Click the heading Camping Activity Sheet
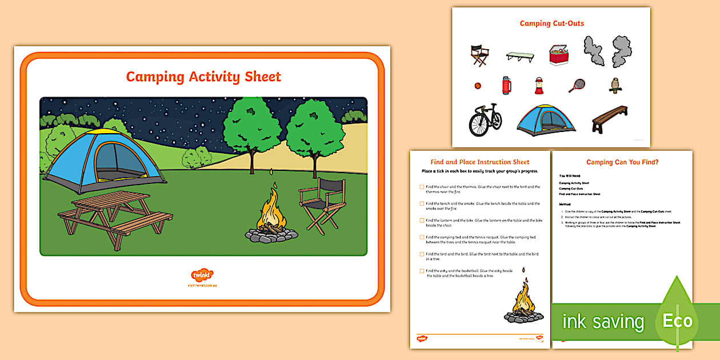click(x=203, y=77)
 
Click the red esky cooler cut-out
click(x=560, y=55)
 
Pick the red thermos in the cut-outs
click(x=506, y=86)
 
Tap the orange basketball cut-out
click(x=477, y=86)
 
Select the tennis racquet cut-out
click(x=576, y=86)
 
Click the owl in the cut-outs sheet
click(x=615, y=85)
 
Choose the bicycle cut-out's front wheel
click(x=477, y=123)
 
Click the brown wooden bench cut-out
click(x=609, y=119)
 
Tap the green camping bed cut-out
click(x=519, y=56)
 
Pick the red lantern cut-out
click(x=538, y=86)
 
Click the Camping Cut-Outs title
click(x=551, y=23)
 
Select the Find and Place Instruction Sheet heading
click(x=479, y=162)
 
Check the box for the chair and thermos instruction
click(x=422, y=187)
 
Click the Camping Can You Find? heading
click(x=622, y=162)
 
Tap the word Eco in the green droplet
click(x=677, y=321)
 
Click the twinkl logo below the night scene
click(x=202, y=275)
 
